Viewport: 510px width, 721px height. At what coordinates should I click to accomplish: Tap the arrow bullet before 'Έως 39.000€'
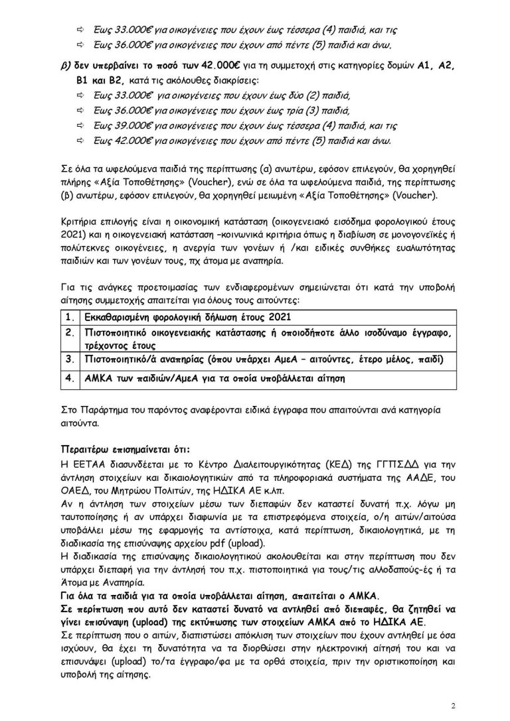coord(81,125)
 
